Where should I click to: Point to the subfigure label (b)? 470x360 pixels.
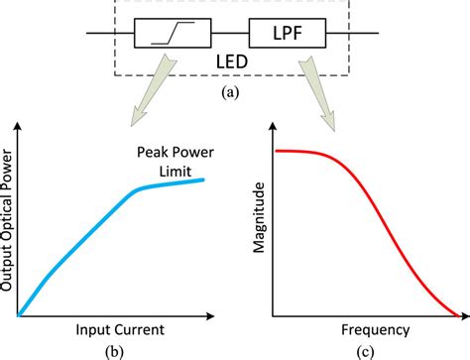118,349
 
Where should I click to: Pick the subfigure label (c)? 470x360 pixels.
362,349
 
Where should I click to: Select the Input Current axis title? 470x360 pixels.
118,328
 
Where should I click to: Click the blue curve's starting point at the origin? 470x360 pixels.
19,316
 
